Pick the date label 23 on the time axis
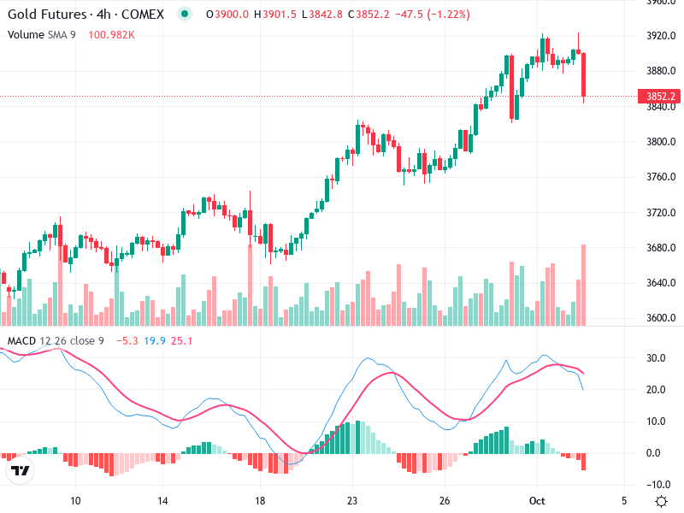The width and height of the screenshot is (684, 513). (x=351, y=500)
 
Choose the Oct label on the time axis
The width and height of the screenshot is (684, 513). (x=537, y=500)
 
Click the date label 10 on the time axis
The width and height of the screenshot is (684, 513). (x=75, y=500)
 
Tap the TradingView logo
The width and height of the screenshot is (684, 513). (x=20, y=471)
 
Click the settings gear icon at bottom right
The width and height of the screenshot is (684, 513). (x=661, y=501)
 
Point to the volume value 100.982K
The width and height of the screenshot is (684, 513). (x=111, y=34)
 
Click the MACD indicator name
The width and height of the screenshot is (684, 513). (x=22, y=341)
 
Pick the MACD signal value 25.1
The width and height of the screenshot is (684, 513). (x=182, y=341)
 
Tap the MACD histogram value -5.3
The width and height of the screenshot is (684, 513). (x=127, y=341)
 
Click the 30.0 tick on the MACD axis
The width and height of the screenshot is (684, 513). (x=657, y=357)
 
